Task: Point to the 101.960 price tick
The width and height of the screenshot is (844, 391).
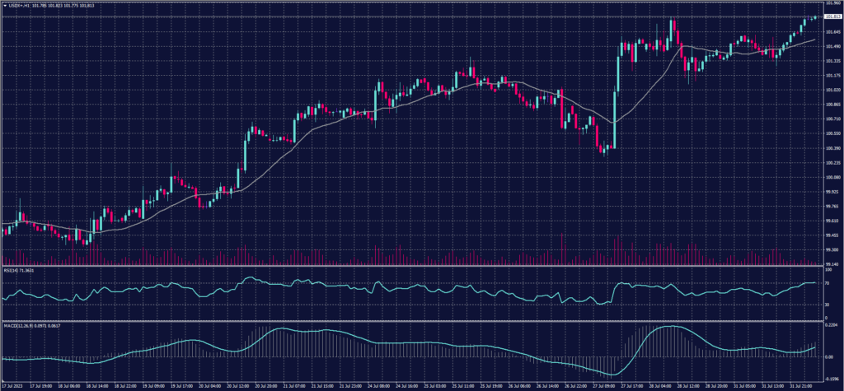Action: [832, 3]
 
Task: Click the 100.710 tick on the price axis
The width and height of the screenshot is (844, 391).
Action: [832, 119]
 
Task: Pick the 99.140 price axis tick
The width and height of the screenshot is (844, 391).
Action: [832, 264]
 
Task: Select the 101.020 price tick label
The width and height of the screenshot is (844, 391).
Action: [832, 90]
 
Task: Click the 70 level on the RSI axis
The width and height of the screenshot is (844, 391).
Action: [828, 283]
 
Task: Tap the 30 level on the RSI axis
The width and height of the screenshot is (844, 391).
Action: [828, 305]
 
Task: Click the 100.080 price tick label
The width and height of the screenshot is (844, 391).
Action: [832, 177]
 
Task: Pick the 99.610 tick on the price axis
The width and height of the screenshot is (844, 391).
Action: [832, 221]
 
